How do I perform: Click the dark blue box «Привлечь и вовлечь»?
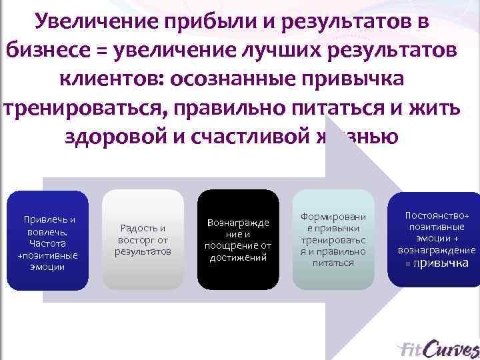point(47,240)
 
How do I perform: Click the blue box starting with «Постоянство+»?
point(437,239)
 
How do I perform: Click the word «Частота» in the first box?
point(47,243)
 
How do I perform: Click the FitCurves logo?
point(436,348)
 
